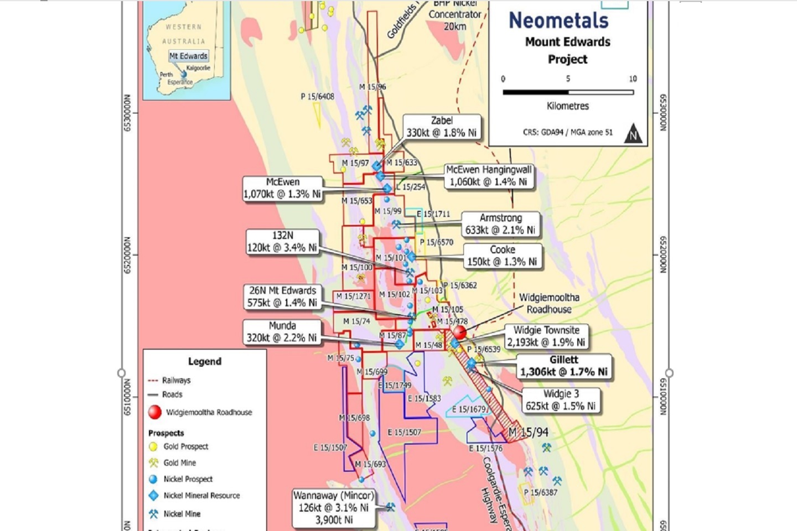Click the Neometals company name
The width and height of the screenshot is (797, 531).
coord(558,21)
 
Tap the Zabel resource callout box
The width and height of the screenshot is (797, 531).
coord(441,127)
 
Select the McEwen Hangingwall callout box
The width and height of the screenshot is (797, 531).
coord(489,176)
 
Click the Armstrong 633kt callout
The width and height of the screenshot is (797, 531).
coord(500,224)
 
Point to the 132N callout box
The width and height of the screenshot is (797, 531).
coord(282,242)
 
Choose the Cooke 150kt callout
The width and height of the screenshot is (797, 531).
coord(502,256)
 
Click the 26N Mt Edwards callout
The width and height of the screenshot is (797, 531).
coord(282,296)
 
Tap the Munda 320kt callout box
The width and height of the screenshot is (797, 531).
coord(282,332)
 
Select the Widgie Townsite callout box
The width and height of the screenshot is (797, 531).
coord(546,336)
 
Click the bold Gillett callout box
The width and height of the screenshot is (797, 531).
coord(563,366)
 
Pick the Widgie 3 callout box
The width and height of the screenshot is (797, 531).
coord(561,400)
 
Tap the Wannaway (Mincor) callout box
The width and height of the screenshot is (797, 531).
coord(333,507)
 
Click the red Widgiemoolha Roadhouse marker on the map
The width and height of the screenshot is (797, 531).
coord(460,332)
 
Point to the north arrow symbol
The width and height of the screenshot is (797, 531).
coord(633,134)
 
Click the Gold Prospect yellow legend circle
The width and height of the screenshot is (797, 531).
coord(153,446)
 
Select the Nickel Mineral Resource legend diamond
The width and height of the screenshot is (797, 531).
coord(153,496)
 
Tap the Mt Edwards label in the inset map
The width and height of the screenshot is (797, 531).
coord(188,56)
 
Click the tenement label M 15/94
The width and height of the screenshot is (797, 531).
coord(528,432)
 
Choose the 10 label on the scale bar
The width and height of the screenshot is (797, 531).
coord(633,79)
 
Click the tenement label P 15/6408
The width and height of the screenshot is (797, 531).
coord(317,96)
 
